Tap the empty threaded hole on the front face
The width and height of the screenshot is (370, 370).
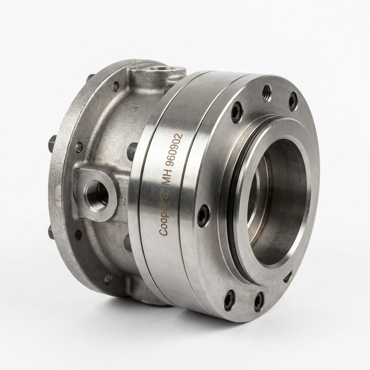267,93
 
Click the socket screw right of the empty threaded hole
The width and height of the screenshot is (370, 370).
293,102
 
